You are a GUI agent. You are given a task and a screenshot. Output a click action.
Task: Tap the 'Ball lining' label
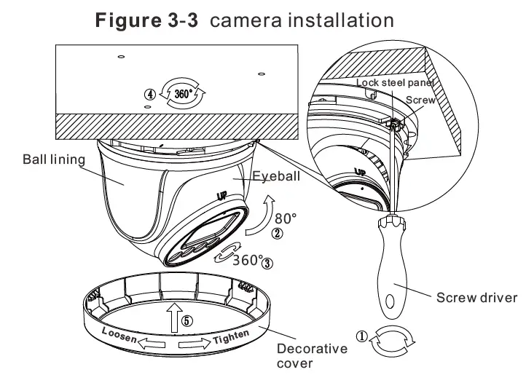pos(54,159)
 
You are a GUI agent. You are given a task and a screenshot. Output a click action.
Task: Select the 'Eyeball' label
pos(276,176)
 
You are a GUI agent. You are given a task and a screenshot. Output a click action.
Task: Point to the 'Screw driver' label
pos(476,298)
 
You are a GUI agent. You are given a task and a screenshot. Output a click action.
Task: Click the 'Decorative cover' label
pos(312,356)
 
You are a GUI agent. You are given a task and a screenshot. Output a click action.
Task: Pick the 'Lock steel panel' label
pos(395,83)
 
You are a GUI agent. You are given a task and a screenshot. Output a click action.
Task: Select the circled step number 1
pos(361,336)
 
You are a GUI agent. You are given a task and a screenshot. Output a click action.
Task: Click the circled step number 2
pos(277,234)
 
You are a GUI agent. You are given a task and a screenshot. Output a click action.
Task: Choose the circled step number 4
pos(149,95)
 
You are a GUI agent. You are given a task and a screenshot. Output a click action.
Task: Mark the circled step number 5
pos(187,320)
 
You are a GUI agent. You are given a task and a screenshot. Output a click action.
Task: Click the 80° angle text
pos(286,218)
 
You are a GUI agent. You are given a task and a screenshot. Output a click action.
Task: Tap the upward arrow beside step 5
pos(173,317)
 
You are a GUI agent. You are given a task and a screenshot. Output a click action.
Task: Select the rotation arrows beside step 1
pos(393,341)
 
